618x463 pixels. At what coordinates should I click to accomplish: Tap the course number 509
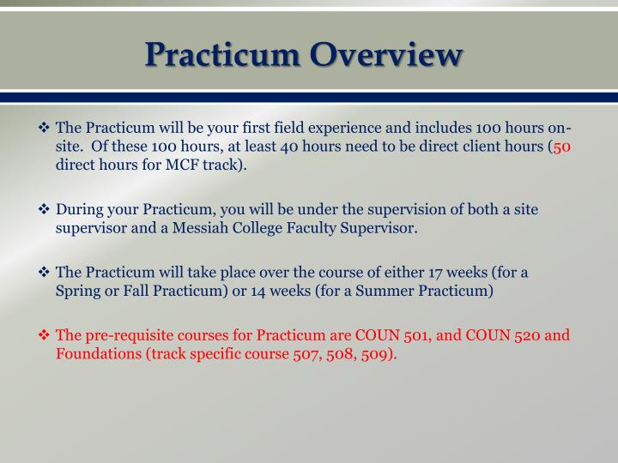point(380,354)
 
